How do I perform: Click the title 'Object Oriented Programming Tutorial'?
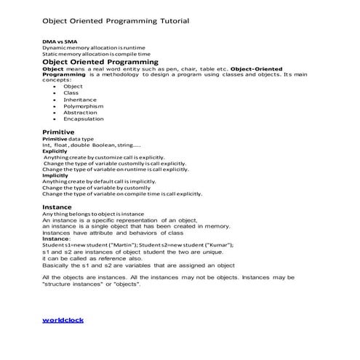[116, 20]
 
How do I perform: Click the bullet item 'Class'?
[71, 93]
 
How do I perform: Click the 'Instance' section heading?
[57, 207]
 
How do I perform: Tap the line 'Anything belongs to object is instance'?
[93, 214]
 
